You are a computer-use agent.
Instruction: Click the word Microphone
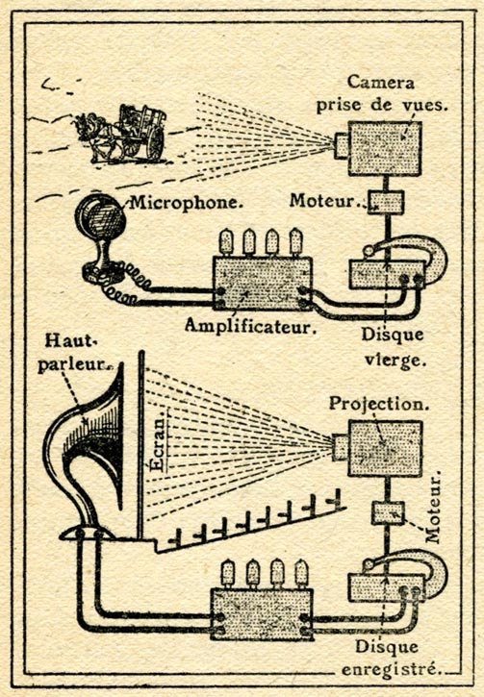(187, 203)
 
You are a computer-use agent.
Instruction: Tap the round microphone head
(100, 218)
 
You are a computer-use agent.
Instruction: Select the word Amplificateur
(251, 326)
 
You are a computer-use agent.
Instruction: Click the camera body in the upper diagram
(384, 148)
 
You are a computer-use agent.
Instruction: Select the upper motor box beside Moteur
(386, 203)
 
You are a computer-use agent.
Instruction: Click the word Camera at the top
(381, 83)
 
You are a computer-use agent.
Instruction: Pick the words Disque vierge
(392, 347)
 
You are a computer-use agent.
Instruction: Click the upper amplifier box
(263, 284)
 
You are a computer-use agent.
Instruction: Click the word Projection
(378, 404)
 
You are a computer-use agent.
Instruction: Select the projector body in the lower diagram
(385, 449)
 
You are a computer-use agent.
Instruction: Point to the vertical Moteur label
(433, 508)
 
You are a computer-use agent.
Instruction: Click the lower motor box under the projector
(388, 513)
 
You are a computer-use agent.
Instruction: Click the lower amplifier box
(262, 614)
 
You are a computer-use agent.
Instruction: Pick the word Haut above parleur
(71, 341)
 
